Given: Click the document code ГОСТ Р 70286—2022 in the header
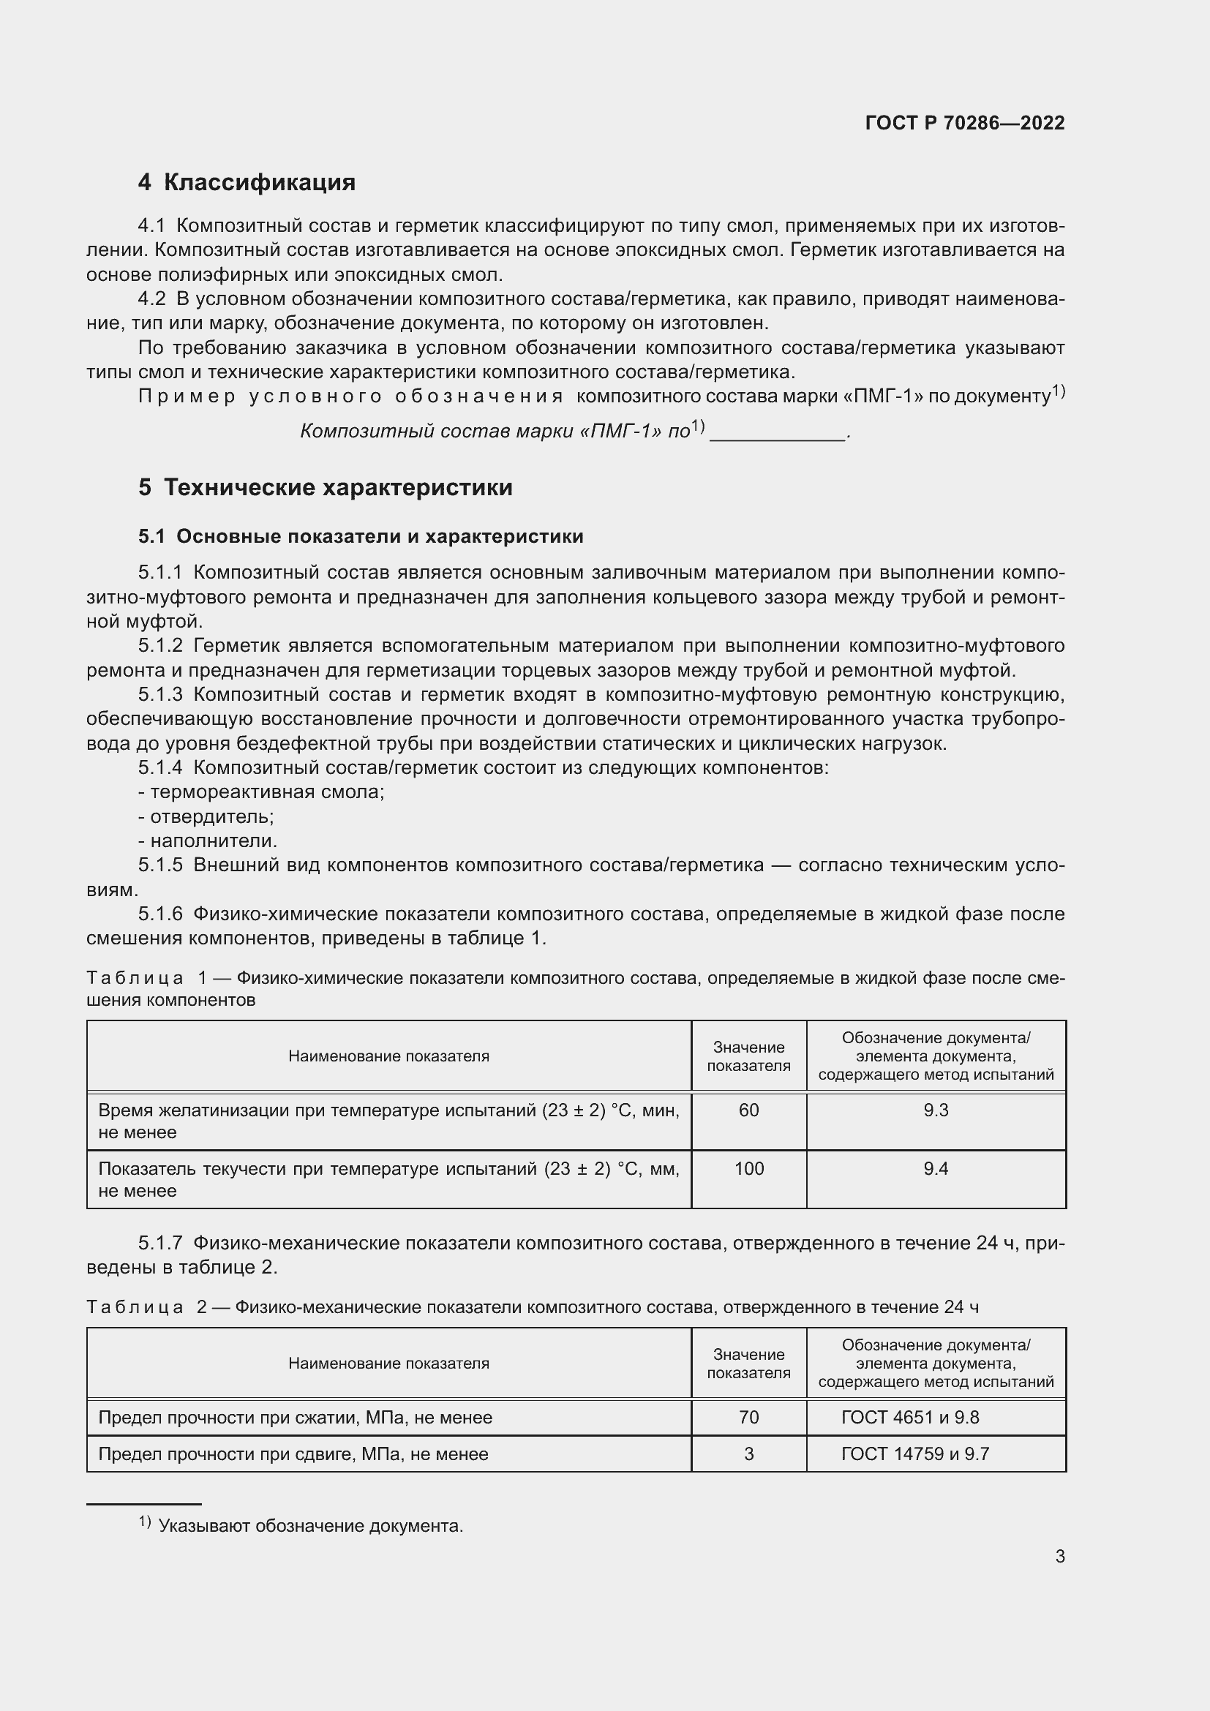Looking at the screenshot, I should (x=964, y=123).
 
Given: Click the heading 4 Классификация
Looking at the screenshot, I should (x=247, y=183).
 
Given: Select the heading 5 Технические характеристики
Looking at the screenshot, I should (x=326, y=487).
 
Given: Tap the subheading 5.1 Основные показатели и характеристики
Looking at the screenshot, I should (x=361, y=536).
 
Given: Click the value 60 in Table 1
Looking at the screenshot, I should (x=748, y=1110).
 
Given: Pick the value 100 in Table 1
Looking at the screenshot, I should (x=748, y=1168).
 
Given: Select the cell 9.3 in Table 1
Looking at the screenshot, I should (x=935, y=1110).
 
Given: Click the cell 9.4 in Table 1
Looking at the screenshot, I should (x=935, y=1168).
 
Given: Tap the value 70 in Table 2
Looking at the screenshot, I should (x=748, y=1418).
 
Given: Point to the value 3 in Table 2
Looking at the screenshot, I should (x=748, y=1454).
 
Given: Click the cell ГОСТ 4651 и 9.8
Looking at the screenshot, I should (x=910, y=1418).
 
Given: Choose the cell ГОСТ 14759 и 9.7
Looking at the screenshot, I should (x=914, y=1454).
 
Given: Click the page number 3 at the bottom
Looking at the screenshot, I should (x=1059, y=1556).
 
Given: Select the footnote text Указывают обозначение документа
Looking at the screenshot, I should (x=311, y=1526).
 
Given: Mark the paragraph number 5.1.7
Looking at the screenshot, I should (x=160, y=1243).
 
